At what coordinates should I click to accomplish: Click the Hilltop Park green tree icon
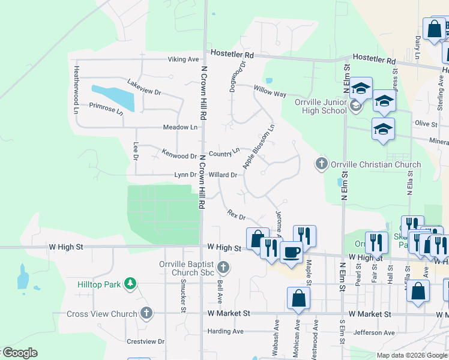[x=130, y=283]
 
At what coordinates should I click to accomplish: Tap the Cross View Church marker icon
[x=146, y=313]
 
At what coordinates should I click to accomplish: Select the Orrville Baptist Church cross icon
[x=223, y=267]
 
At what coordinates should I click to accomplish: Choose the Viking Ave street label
[x=183, y=59]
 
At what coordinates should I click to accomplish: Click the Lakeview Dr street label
[x=144, y=88]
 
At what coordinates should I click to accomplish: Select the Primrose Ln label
[x=106, y=108]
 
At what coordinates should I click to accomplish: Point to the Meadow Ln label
[x=180, y=127]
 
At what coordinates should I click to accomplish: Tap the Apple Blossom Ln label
[x=258, y=146]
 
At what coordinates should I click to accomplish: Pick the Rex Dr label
[x=237, y=214]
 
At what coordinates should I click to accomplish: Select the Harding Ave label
[x=225, y=331]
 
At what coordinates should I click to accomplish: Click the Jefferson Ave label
[x=374, y=332]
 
